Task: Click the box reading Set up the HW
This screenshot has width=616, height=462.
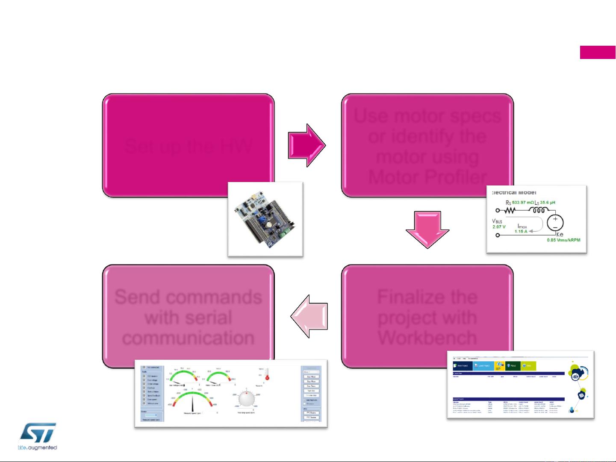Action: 188,145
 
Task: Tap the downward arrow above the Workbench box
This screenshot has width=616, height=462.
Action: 427,230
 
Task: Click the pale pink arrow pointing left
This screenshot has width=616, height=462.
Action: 309,316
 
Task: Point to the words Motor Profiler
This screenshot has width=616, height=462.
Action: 427,177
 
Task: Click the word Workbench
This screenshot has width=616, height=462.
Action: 427,338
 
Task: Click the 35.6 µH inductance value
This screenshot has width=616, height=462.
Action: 547,203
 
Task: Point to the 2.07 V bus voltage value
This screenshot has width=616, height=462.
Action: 498,227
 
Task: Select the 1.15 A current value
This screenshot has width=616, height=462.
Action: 521,231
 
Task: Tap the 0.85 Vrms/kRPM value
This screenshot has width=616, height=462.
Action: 563,240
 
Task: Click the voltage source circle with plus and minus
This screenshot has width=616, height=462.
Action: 555,223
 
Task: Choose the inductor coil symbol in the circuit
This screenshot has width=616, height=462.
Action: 539,210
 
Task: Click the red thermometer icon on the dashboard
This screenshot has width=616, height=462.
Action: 267,375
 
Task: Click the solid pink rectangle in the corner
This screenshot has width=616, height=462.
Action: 598,52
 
